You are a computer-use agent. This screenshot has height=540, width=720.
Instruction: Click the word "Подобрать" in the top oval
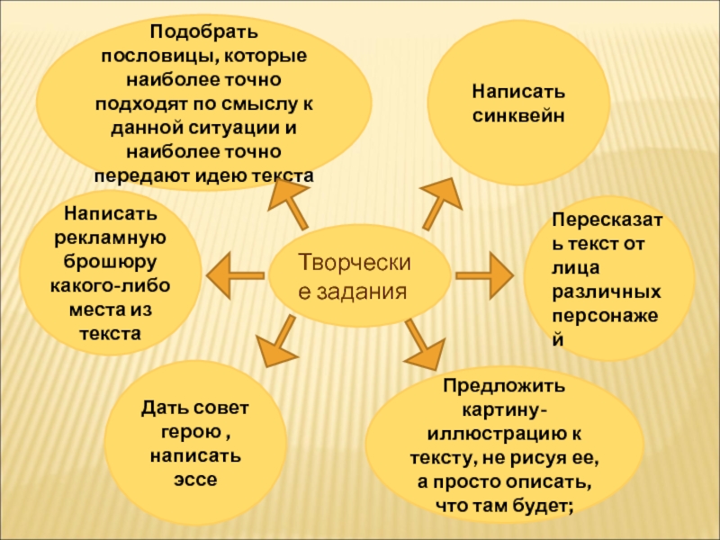[204, 32]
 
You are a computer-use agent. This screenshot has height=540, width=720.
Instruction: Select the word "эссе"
[195, 479]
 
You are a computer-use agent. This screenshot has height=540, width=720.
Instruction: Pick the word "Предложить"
[503, 385]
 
